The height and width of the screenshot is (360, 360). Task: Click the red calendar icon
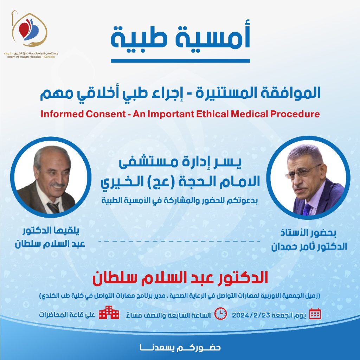pos(315,314)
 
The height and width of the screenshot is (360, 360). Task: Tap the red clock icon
pos(221,314)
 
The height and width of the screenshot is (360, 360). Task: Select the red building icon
pos(109,312)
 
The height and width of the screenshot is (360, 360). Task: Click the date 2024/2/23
pos(250,315)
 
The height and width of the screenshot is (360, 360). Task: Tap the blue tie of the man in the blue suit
pos(307,208)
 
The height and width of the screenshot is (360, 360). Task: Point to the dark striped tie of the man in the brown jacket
pos(53,207)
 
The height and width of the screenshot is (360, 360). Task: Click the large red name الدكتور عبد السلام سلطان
pos(180,278)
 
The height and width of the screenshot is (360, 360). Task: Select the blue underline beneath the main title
pos(180,61)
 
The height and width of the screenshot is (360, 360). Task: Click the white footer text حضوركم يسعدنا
pos(180,348)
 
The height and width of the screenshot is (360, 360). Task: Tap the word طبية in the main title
pos(139,38)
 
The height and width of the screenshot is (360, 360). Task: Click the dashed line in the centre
pos(179,241)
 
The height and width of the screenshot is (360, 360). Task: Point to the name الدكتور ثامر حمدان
pos(309,246)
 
